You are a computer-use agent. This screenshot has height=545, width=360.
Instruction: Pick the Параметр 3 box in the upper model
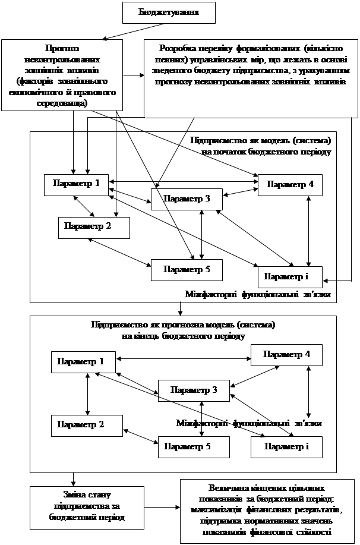[x=187, y=199]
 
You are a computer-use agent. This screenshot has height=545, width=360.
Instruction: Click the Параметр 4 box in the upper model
[x=290, y=185]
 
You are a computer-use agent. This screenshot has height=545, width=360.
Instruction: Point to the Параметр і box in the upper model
[x=290, y=277]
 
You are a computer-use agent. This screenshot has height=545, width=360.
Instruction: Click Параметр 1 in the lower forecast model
[x=84, y=361]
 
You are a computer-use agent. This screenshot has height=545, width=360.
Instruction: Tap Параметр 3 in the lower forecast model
[x=193, y=390]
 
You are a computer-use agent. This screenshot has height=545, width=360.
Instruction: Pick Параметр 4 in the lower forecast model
[x=286, y=355]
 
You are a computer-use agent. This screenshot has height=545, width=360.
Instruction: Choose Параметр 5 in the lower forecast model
[x=194, y=446]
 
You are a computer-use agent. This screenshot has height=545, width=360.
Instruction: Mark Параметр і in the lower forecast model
[x=286, y=446]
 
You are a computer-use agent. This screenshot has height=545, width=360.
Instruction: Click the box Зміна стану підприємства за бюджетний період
[x=87, y=507]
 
